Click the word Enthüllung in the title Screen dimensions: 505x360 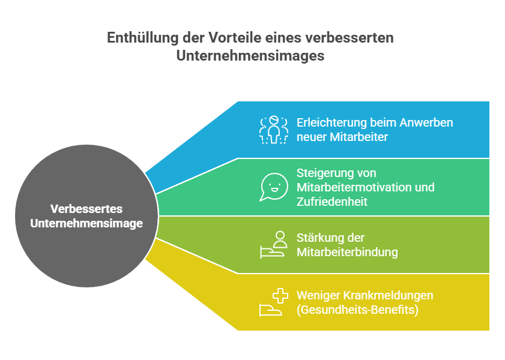(143, 38)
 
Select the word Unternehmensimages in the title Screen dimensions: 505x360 (250, 56)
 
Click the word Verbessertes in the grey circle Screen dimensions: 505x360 (86, 209)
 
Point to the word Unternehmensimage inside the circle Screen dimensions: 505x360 (86, 223)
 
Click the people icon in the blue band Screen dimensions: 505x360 (274, 130)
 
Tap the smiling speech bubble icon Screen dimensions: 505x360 (274, 187)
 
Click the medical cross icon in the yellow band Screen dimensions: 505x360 (280, 296)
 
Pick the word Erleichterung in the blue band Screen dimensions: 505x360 (331, 122)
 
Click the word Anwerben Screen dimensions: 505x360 (426, 122)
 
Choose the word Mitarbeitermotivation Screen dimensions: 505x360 (352, 187)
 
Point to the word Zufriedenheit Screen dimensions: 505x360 (332, 202)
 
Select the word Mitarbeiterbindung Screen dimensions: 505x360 (347, 252)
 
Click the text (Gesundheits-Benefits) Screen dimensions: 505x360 (357, 310)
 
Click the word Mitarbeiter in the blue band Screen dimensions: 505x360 (358, 137)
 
